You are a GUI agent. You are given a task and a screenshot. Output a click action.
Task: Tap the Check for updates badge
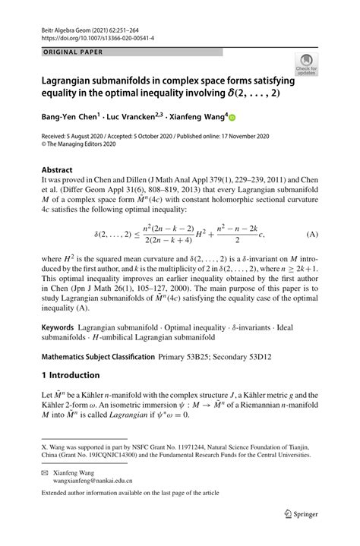308,65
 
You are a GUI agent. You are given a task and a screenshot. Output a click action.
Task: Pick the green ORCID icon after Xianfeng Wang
232,118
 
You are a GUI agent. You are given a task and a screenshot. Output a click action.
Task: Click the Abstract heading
57,170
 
